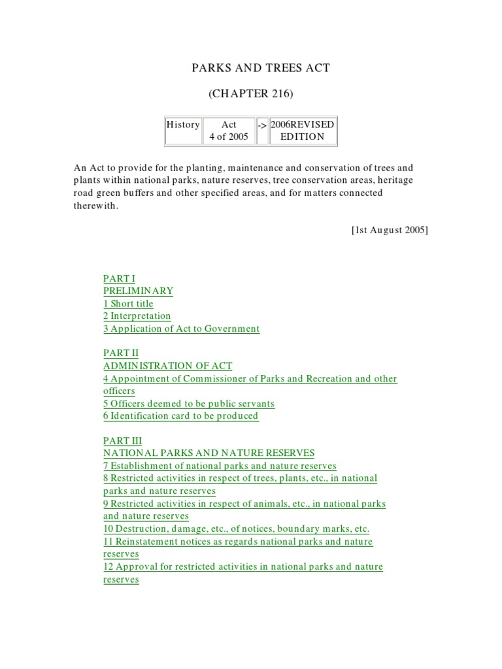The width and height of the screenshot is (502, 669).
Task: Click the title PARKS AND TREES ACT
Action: click(x=251, y=69)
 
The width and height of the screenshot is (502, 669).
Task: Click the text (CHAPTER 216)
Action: click(x=251, y=94)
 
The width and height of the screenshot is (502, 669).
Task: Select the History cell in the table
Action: click(x=182, y=125)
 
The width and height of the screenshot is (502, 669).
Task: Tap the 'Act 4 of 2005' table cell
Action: click(x=229, y=131)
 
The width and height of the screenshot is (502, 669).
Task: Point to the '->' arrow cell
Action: click(x=261, y=125)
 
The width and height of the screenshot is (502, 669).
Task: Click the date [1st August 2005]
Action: click(x=390, y=230)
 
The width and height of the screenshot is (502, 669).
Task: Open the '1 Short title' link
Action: click(x=128, y=304)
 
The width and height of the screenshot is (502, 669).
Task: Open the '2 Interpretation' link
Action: click(x=137, y=316)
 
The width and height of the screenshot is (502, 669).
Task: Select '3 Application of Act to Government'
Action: click(x=181, y=329)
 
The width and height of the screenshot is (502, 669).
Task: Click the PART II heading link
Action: click(x=121, y=353)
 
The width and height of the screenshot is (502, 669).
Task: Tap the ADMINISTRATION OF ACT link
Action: click(x=167, y=366)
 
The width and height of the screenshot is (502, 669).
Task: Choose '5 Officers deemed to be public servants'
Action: click(x=189, y=404)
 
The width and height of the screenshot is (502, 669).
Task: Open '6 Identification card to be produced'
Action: click(x=180, y=416)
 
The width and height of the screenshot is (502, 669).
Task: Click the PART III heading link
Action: click(x=122, y=441)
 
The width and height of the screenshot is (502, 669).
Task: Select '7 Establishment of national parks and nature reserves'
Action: click(x=220, y=466)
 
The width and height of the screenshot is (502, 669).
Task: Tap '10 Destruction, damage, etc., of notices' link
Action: click(x=236, y=529)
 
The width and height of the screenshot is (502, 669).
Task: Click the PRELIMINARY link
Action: click(x=138, y=291)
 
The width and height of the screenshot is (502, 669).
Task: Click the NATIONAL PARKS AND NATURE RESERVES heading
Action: click(x=209, y=453)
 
